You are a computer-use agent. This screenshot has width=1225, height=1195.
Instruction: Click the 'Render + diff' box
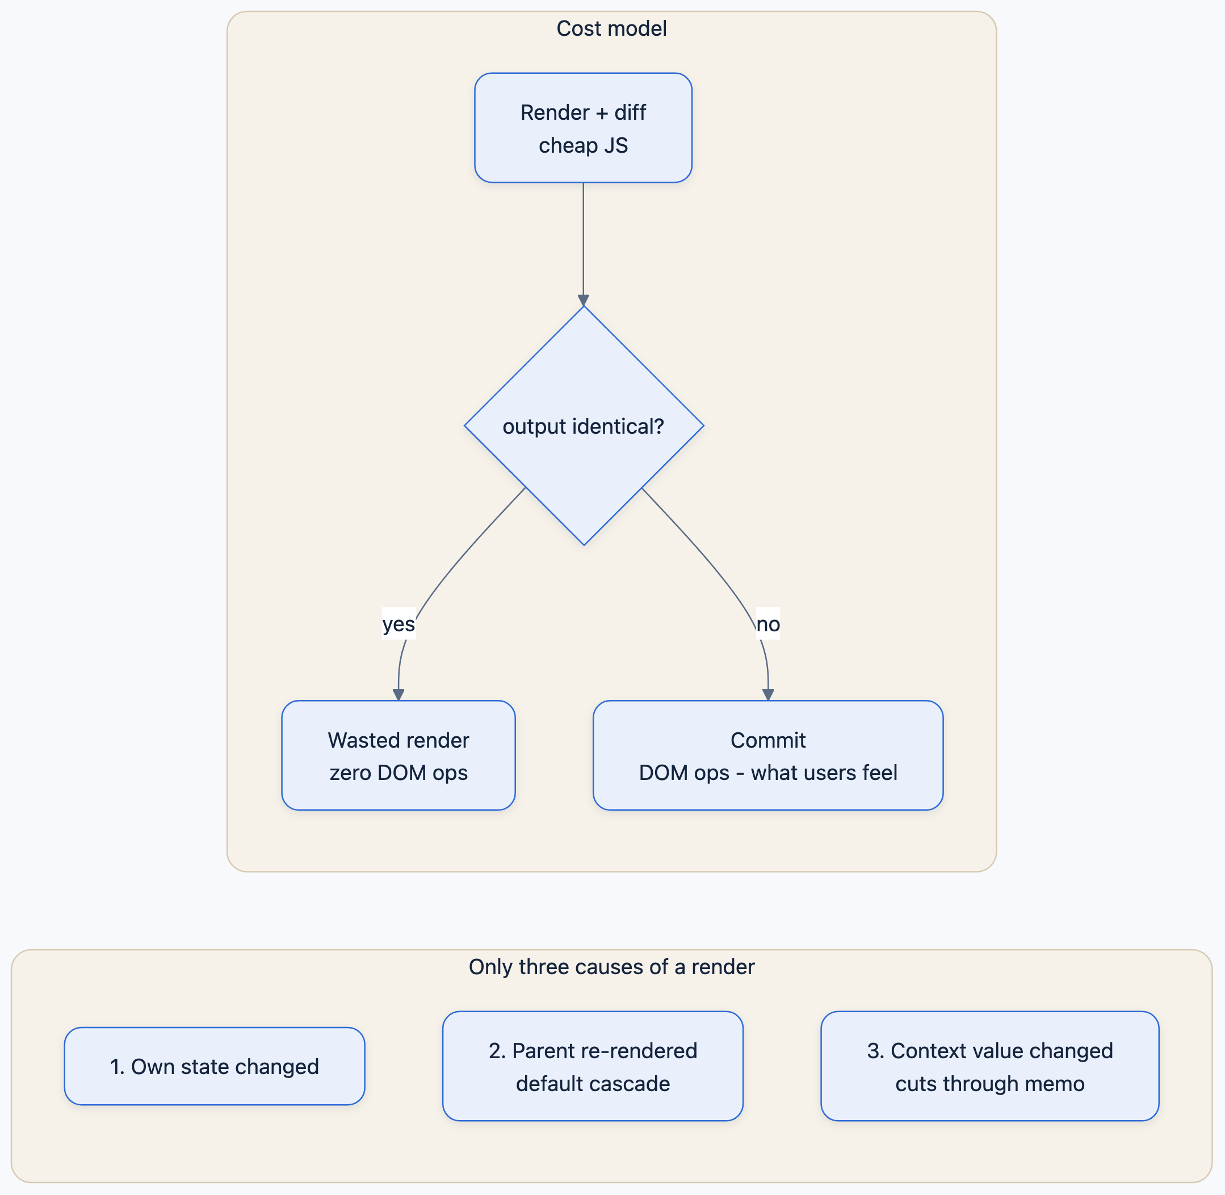coord(583,128)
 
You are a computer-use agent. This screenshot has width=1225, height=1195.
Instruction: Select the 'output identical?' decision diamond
coord(584,426)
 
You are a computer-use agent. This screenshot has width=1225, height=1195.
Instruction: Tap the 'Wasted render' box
coord(398,756)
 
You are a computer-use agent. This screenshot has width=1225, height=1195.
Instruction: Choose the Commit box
coord(768,756)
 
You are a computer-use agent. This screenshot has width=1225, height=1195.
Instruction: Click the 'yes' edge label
coord(398,624)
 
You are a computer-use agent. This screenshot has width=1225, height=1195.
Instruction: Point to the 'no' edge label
coord(768,624)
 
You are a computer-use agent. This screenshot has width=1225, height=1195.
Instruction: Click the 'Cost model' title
coord(612,28)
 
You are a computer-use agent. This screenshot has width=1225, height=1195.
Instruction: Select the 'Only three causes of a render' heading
coord(612,967)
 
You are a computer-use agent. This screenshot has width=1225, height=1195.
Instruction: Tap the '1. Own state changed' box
coord(215,1066)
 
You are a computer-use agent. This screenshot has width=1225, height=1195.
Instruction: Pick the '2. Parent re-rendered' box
coord(593,1066)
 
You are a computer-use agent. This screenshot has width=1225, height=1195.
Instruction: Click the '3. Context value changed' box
coord(989,1066)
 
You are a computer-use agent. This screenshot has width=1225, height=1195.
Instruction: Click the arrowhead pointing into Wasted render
coord(398,695)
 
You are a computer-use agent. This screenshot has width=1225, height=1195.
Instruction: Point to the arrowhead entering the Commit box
coord(768,695)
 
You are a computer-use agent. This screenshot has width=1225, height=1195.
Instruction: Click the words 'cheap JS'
coord(583,145)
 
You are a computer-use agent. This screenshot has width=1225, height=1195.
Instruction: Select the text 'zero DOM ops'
coord(398,773)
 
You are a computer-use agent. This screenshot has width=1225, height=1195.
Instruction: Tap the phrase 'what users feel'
coord(824,773)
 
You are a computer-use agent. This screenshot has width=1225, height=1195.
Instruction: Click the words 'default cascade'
coord(593,1084)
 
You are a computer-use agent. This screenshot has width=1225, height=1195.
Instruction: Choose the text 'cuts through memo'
coord(989,1084)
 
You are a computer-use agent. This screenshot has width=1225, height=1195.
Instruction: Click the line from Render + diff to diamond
coord(584,242)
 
